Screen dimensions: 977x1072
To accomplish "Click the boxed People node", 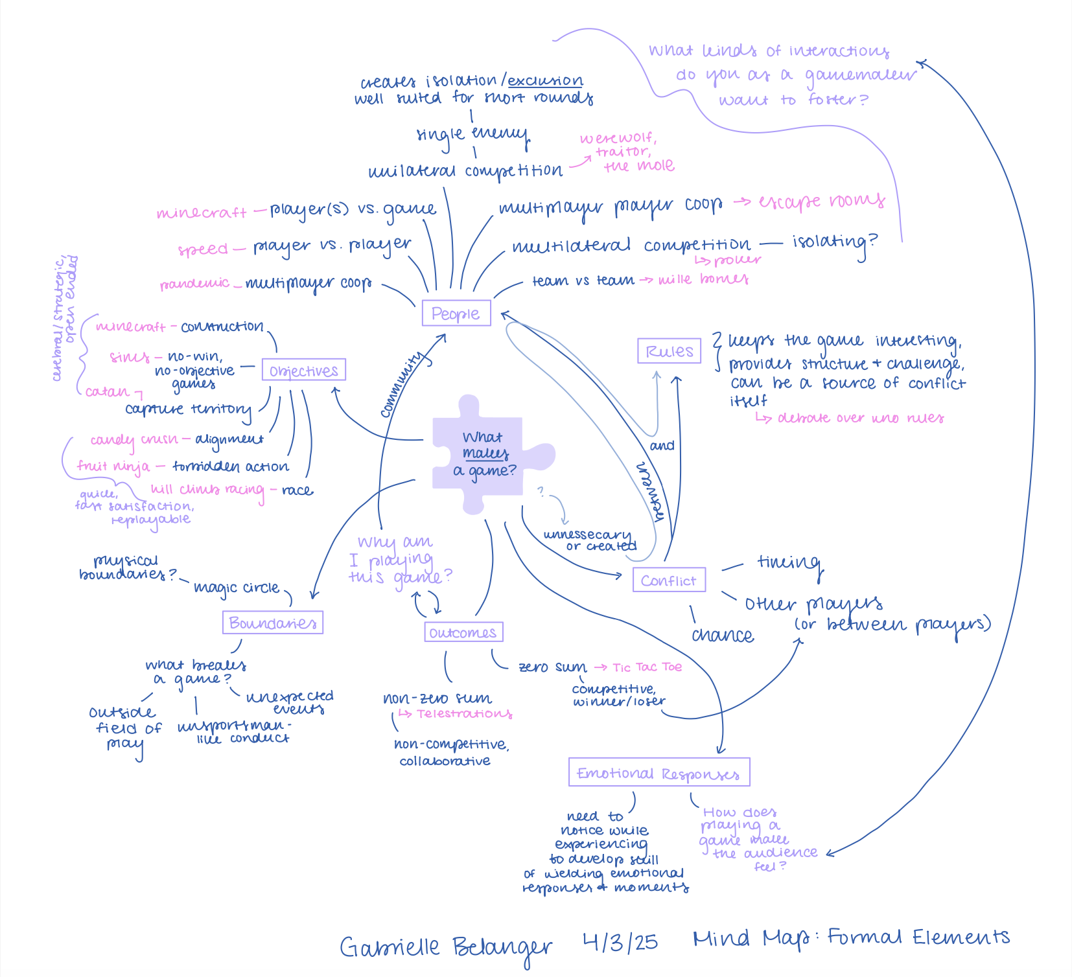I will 456,314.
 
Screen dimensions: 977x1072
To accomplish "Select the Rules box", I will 669,351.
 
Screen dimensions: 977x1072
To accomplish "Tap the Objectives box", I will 303,371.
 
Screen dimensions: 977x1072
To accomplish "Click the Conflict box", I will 668,580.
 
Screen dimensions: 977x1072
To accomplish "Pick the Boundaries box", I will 272,623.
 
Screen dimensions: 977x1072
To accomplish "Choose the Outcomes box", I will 463,632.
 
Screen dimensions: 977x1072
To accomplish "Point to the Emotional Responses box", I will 658,773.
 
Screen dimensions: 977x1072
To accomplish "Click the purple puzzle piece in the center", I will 483,454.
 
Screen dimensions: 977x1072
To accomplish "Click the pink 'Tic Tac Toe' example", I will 647,667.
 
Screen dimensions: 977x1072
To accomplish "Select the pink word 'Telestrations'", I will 464,713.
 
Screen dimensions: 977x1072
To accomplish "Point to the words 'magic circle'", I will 237,588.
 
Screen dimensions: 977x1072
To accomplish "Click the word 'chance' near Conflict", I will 722,635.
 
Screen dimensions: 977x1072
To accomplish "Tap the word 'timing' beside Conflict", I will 789,562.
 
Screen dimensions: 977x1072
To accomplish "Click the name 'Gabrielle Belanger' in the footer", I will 446,947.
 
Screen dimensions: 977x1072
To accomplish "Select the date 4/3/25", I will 620,941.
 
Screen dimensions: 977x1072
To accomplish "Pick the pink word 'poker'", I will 737,260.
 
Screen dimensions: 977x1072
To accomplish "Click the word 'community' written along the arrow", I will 403,384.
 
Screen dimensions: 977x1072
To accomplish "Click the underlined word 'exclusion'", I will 545,80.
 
